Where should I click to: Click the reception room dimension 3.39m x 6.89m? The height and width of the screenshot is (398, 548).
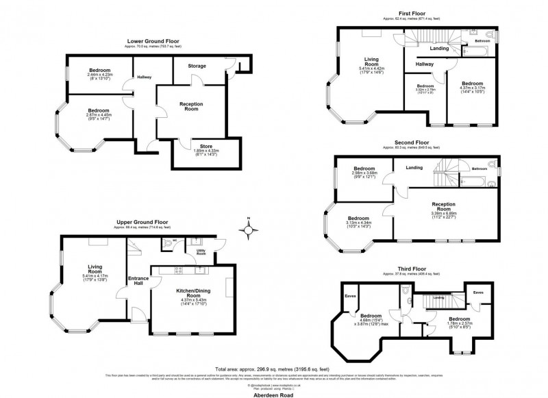(x=450, y=213)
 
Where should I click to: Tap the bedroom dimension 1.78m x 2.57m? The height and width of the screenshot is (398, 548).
(x=459, y=327)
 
